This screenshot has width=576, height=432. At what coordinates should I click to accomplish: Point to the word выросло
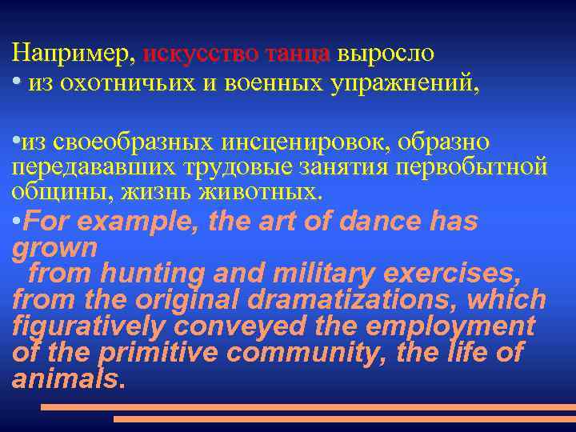pyautogui.click(x=386, y=54)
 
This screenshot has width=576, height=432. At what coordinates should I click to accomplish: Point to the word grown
pyautogui.click(x=54, y=248)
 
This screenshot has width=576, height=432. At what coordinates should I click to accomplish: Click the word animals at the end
pyautogui.click(x=67, y=378)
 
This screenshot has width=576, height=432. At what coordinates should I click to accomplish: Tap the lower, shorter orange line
pyautogui.click(x=344, y=418)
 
